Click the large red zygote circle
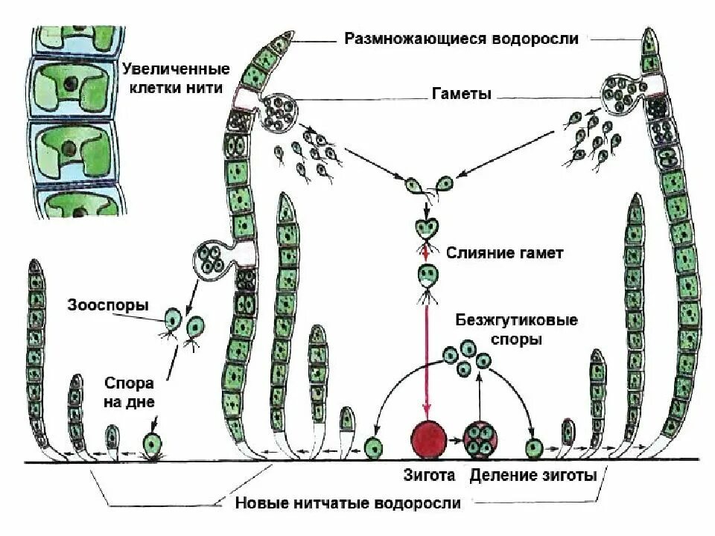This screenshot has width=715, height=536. (x=430, y=439)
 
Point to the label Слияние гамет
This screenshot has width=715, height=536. (x=505, y=253)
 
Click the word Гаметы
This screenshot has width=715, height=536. (x=461, y=95)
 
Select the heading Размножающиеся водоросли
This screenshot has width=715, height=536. (x=461, y=39)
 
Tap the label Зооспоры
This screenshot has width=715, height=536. (x=108, y=305)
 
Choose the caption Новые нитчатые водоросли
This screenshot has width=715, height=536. (x=349, y=503)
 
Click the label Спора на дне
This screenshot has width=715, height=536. (x=129, y=393)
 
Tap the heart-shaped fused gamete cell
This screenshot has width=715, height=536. (x=426, y=228)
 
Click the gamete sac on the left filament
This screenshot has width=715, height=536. (x=280, y=112)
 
